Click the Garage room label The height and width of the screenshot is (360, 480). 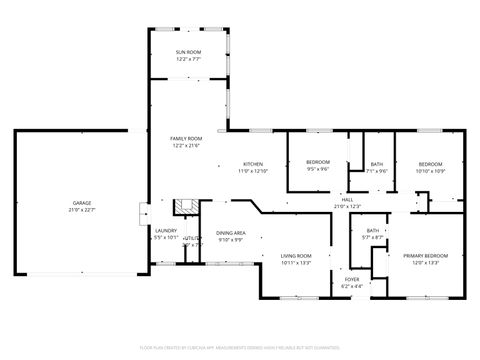81,203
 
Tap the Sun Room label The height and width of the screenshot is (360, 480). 188,52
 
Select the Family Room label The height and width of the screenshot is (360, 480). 186,139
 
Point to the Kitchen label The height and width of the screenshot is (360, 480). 253,164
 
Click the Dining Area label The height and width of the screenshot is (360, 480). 231,233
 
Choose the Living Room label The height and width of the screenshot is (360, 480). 297,256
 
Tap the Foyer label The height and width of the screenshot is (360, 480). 352,279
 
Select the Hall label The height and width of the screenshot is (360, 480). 347,199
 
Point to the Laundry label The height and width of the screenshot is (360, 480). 165,230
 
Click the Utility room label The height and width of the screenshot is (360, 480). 192,238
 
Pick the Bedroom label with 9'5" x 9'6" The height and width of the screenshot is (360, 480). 318,162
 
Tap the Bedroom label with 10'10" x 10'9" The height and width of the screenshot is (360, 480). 430,163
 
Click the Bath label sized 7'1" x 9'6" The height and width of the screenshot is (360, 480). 376,164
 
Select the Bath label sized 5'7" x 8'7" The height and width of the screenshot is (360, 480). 372,231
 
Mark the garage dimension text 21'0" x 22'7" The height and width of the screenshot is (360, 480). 81,210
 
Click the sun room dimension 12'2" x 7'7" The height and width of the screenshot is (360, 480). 188,59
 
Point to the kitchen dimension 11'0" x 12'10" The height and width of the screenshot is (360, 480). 253,171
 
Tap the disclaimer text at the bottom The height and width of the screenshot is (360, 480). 240,348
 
